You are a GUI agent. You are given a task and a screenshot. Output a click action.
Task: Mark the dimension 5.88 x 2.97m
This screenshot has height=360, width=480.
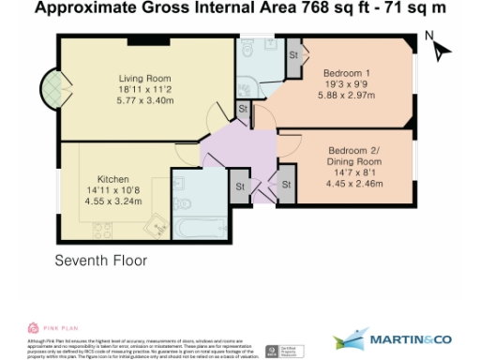[x=347, y=95]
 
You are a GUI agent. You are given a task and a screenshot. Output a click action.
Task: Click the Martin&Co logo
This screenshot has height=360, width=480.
[x=394, y=337]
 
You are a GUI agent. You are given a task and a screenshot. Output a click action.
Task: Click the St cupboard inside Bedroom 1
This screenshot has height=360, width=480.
[x=292, y=54]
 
